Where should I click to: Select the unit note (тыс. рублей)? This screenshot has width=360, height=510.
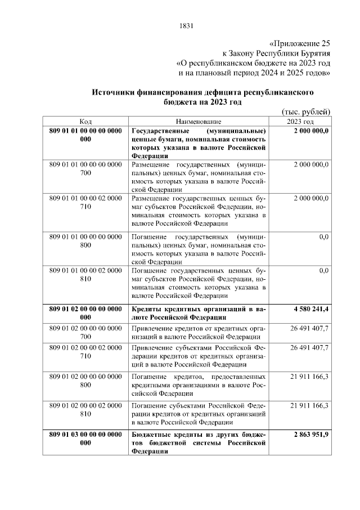click(x=305, y=111)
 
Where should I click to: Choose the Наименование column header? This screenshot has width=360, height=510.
click(x=198, y=122)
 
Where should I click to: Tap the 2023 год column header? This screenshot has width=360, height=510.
click(x=300, y=122)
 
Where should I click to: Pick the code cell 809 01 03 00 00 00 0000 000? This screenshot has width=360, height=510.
click(x=85, y=439)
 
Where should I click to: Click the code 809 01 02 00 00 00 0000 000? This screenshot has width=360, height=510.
click(x=85, y=314)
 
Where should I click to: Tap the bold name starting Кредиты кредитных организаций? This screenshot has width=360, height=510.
click(x=198, y=314)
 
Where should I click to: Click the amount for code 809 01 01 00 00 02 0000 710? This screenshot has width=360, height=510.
click(x=311, y=199)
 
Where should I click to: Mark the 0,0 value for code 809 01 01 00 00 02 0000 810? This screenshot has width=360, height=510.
click(x=323, y=271)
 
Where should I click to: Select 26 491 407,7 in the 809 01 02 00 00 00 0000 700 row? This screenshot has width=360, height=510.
click(x=309, y=328)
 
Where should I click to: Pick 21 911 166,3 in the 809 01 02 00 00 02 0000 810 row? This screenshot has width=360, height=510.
click(x=309, y=405)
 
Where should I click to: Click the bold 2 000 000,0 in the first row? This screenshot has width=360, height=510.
click(x=311, y=131)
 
